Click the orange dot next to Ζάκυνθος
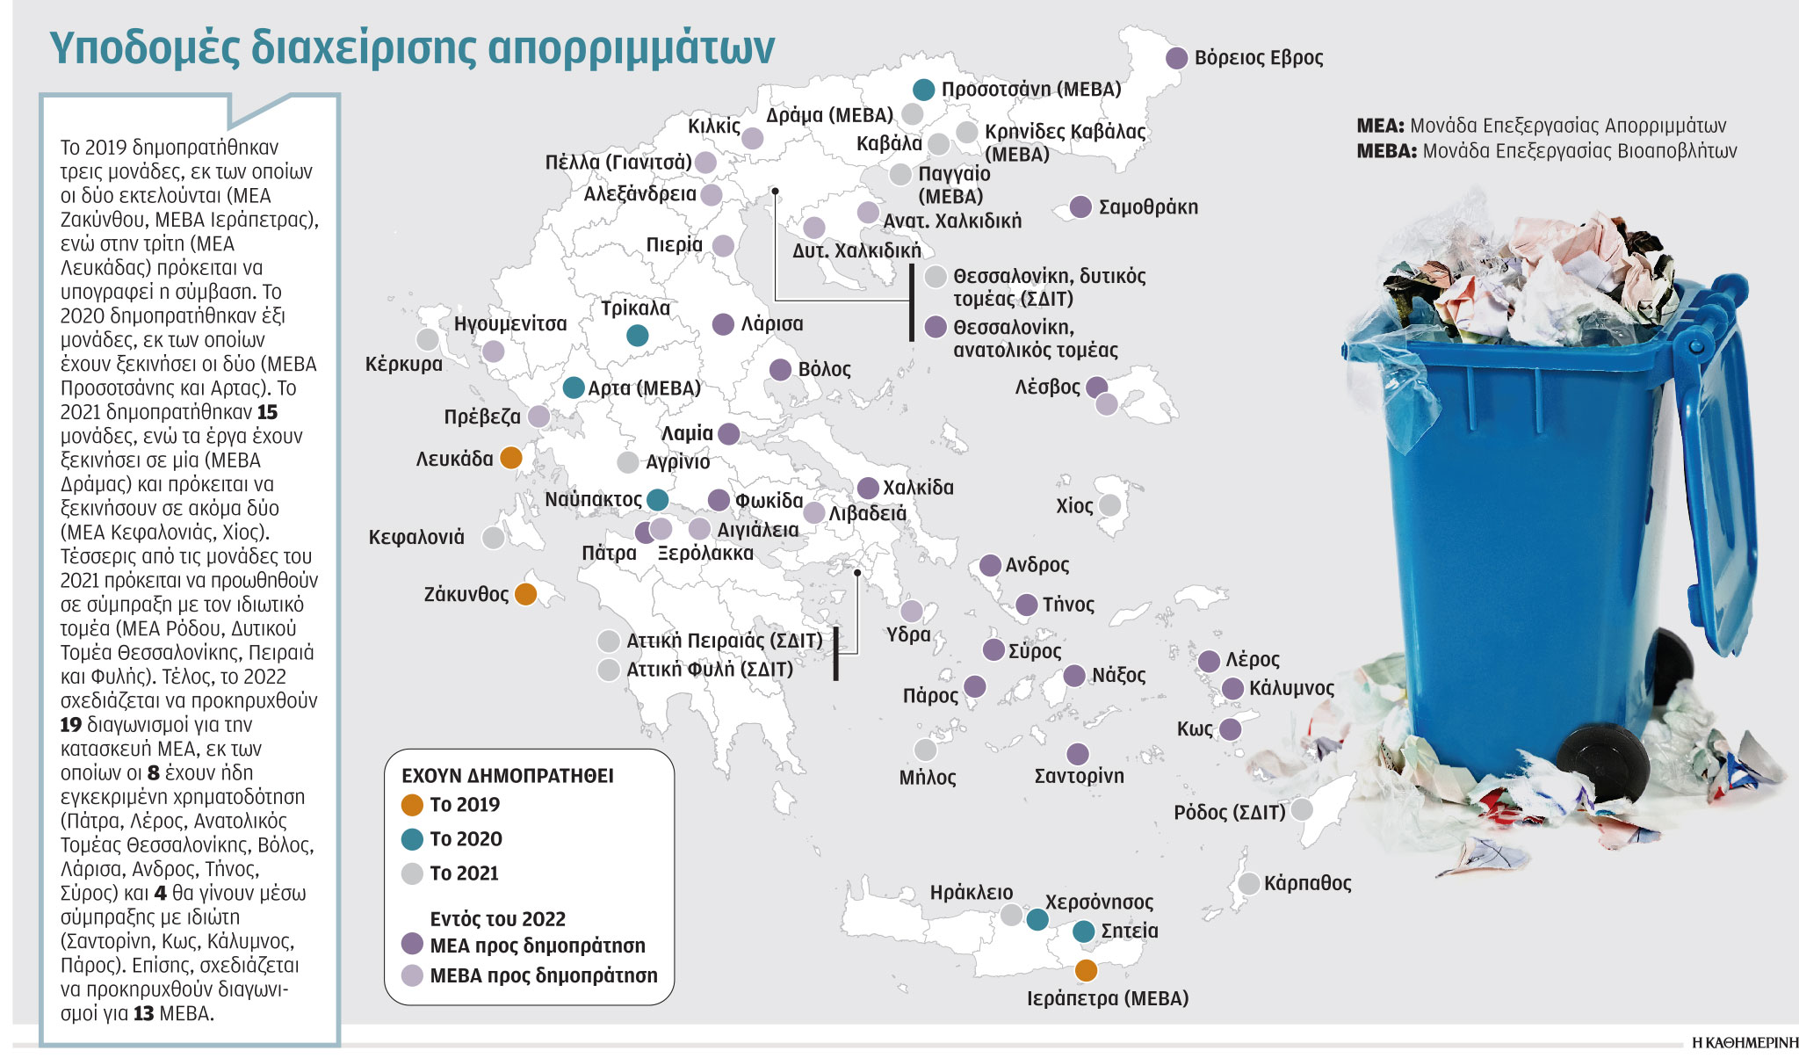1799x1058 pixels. click(x=525, y=595)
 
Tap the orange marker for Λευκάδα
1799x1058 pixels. click(x=510, y=458)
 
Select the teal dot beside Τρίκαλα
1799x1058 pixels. click(x=638, y=335)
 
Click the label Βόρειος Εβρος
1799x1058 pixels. click(x=1258, y=58)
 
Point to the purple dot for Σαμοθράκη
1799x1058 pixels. click(x=1080, y=207)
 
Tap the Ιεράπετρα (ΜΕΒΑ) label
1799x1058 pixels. click(x=1107, y=998)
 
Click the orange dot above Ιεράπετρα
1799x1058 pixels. click(x=1086, y=970)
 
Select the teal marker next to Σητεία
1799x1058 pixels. click(x=1084, y=931)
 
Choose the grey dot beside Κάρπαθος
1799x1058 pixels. click(x=1248, y=883)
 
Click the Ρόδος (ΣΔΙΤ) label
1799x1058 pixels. click(x=1229, y=812)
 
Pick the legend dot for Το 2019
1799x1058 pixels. click(x=412, y=805)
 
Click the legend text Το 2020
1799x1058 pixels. click(x=466, y=839)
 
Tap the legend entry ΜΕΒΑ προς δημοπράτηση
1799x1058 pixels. click(x=543, y=975)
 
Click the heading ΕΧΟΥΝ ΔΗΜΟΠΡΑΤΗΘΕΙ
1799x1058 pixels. click(x=507, y=776)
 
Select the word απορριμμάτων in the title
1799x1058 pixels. click(x=631, y=47)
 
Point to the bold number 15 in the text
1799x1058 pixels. click(x=267, y=412)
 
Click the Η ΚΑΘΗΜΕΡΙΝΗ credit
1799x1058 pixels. click(x=1744, y=1043)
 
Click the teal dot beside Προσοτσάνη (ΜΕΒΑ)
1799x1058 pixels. click(x=923, y=89)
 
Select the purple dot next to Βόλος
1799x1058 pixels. click(x=780, y=370)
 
